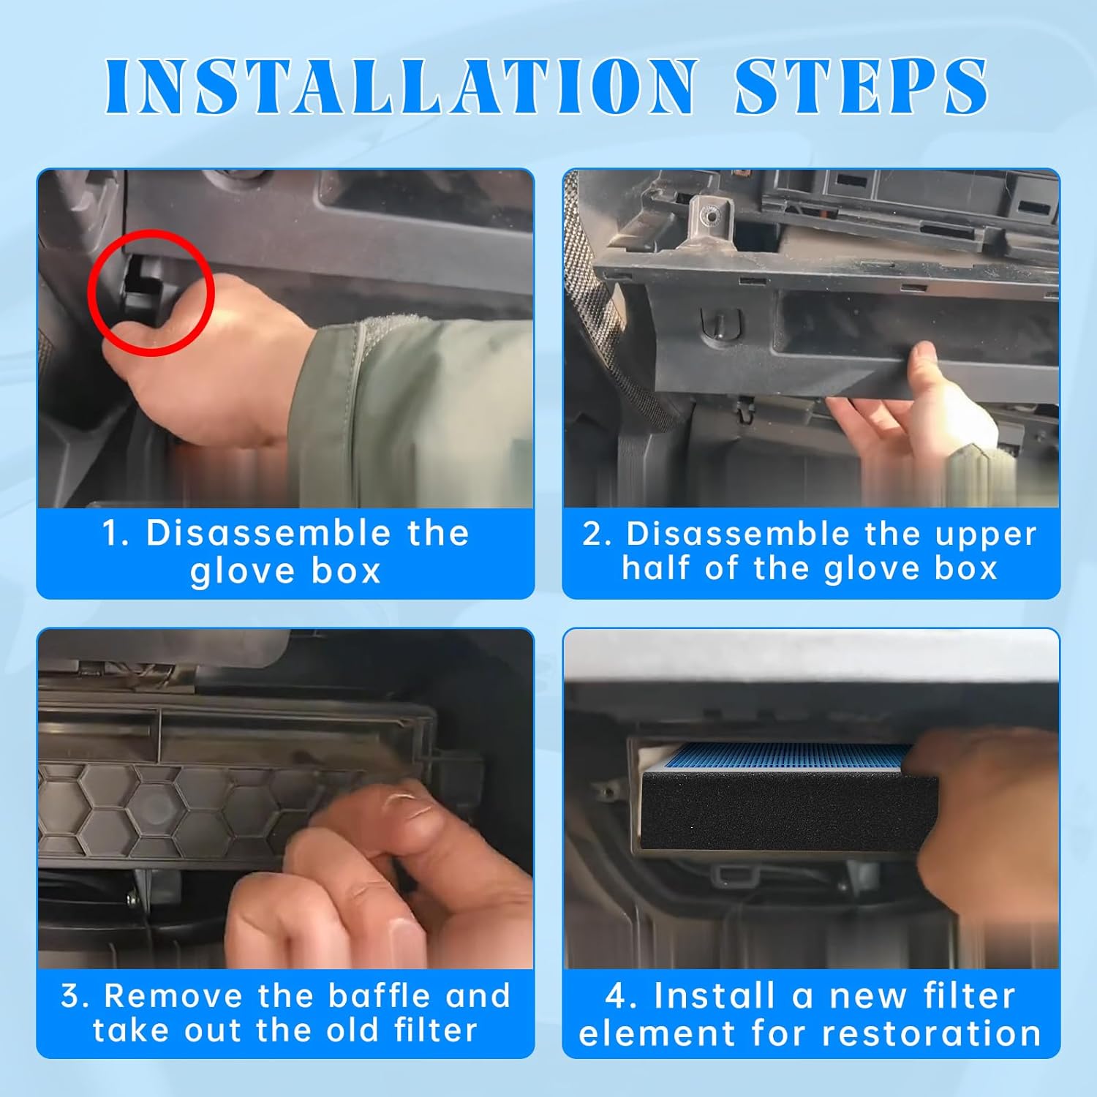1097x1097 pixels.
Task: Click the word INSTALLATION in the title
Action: click(x=401, y=86)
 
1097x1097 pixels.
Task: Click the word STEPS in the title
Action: click(x=862, y=86)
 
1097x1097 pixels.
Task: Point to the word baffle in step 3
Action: click(x=379, y=995)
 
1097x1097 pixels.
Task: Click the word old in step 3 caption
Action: click(x=353, y=1030)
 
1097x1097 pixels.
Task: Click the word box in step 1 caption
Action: click(x=347, y=570)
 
